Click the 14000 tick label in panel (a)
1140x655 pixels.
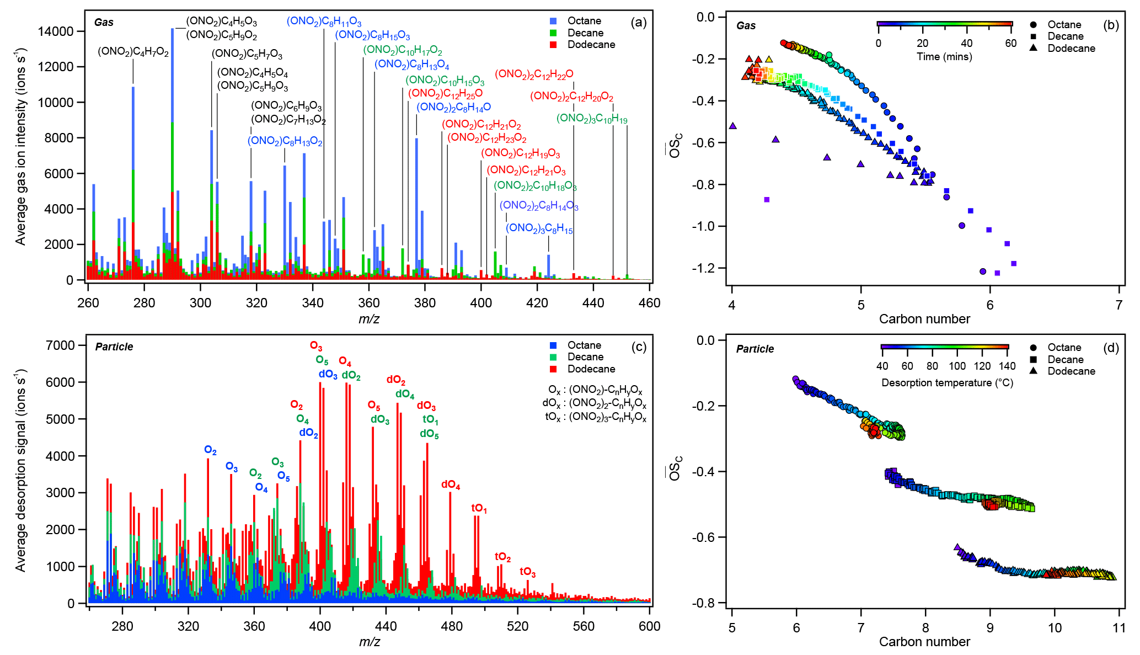click(55, 31)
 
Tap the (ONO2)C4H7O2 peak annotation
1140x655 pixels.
click(133, 52)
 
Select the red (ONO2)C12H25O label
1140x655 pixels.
click(445, 94)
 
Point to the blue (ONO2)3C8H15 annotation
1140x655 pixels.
click(539, 228)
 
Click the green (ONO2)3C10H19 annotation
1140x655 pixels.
click(591, 119)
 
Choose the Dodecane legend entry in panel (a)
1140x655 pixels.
click(591, 45)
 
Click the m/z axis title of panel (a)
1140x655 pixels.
click(368, 319)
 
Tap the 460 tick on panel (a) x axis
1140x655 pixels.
click(649, 303)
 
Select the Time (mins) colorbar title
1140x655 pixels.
click(944, 57)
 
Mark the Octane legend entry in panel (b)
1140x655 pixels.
click(1064, 24)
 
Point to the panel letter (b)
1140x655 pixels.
click(1111, 25)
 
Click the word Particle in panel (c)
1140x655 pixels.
click(114, 347)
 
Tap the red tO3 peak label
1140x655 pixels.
click(527, 572)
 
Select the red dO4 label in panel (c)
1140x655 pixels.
click(451, 485)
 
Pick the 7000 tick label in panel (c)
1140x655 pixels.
click(60, 345)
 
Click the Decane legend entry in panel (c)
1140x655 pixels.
click(585, 357)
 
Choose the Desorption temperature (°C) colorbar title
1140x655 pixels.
click(947, 383)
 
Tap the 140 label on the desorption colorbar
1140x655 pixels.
click(1007, 366)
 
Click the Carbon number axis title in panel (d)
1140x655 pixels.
click(924, 642)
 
